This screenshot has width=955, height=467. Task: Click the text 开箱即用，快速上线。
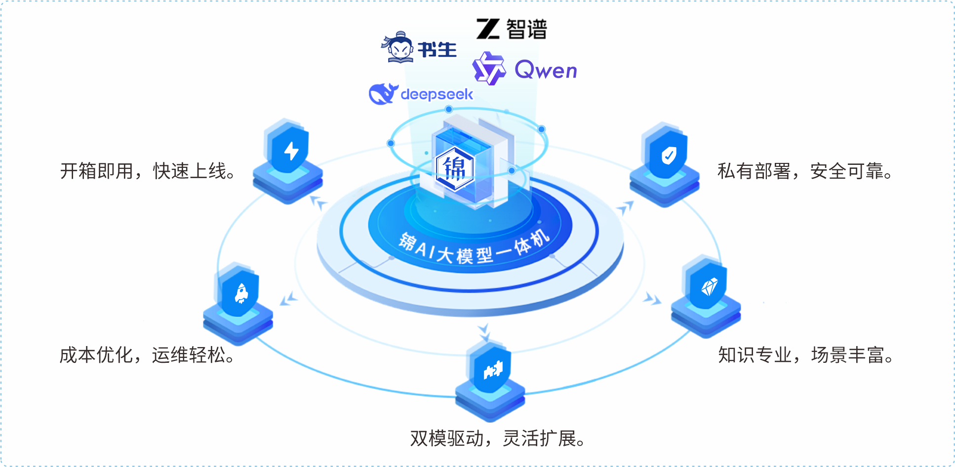pos(149,171)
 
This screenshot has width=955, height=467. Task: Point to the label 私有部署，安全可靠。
pos(806,171)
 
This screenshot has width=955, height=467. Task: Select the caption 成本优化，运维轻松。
pos(148,355)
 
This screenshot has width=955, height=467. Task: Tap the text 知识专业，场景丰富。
pos(806,355)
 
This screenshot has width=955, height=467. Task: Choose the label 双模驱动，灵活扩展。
pos(498,438)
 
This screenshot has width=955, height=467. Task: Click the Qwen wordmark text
pos(546,70)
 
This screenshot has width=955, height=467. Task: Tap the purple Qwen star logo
pos(489,69)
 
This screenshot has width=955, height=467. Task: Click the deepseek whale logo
pos(383,93)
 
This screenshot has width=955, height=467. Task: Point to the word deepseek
pos(437,94)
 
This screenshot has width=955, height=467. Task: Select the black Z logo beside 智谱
pos(488,29)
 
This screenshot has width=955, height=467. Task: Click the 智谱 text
pos(527,29)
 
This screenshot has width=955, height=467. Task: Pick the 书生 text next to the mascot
pos(437,49)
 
